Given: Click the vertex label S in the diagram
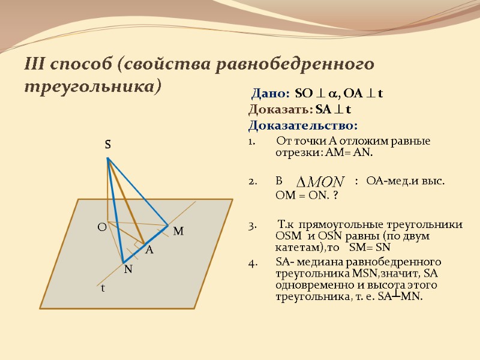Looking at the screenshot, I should [108, 145].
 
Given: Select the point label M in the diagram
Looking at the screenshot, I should [178, 231].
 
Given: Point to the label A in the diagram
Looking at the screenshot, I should [149, 250].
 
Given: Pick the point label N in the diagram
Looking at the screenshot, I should [128, 270].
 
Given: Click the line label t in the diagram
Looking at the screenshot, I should [103, 288].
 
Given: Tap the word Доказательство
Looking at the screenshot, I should [303, 125].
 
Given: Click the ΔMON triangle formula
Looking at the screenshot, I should [322, 181].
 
